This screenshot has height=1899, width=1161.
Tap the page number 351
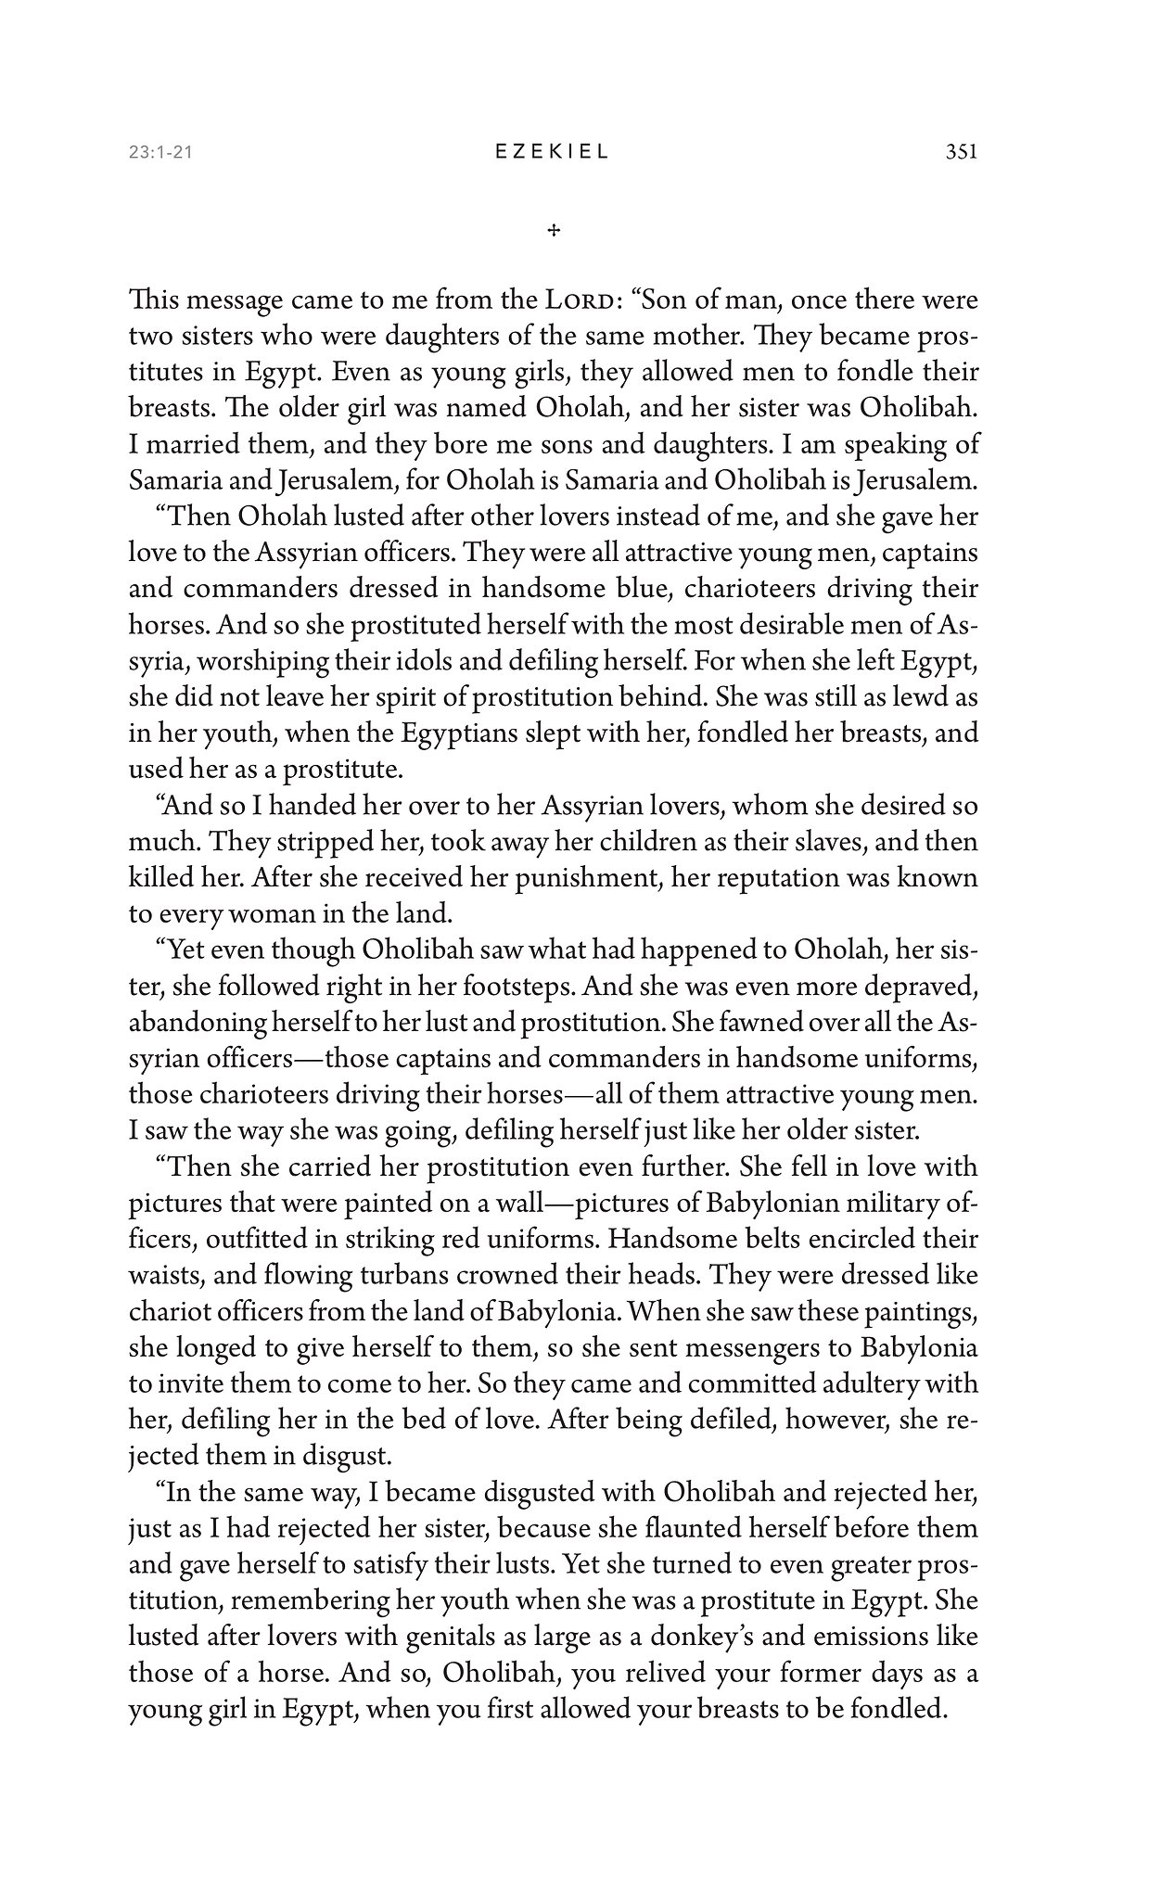coord(961,153)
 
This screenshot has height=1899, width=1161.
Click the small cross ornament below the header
coord(554,230)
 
